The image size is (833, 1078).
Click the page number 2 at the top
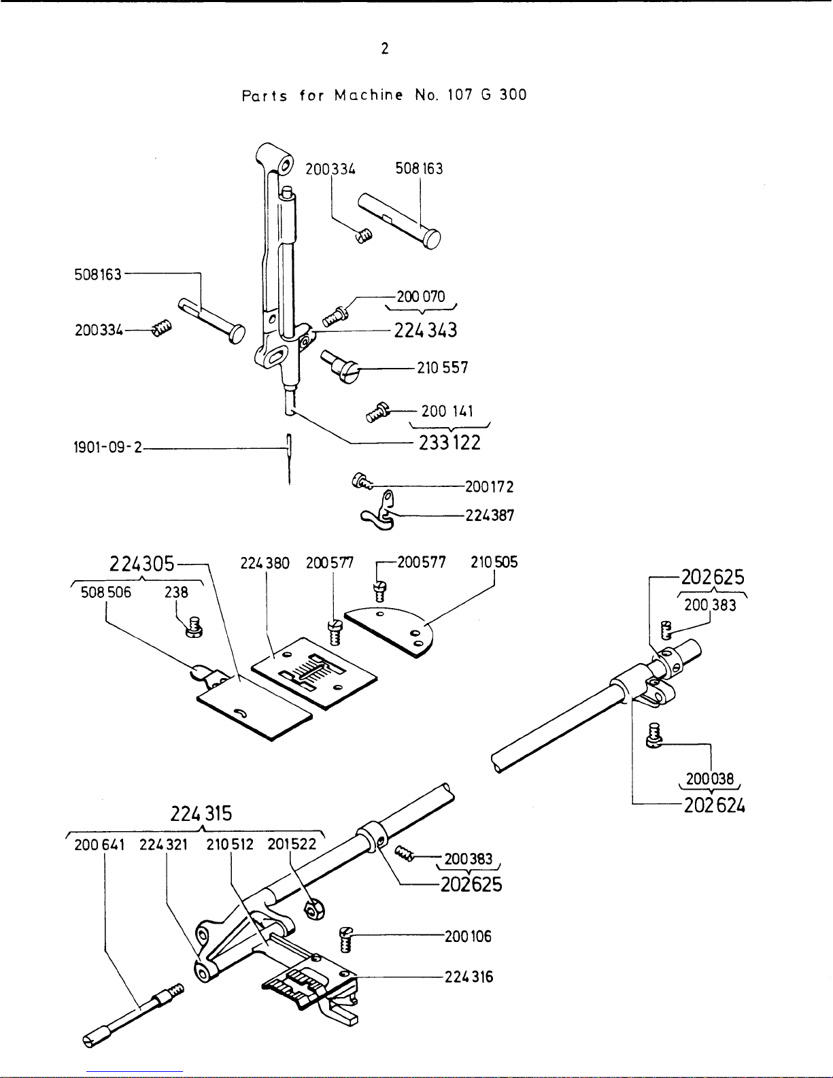point(385,49)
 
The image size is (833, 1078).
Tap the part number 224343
point(426,331)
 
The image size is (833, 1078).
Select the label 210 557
point(443,368)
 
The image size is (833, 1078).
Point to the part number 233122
point(448,443)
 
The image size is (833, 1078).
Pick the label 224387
point(490,516)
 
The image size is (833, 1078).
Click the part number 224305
point(142,565)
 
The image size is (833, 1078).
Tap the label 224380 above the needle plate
point(265,564)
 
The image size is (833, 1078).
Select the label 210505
point(494,562)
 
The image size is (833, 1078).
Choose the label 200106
point(468,937)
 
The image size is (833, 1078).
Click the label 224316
point(469,977)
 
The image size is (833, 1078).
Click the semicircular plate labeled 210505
point(391,632)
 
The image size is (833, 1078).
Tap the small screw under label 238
point(194,626)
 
